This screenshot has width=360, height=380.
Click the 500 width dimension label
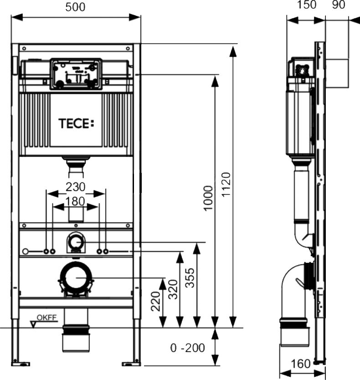pyautogui.click(x=75, y=7)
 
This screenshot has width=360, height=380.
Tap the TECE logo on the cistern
pyautogui.click(x=76, y=124)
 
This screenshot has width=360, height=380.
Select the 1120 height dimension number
pyautogui.click(x=226, y=185)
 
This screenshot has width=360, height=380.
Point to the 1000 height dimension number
pyautogui.click(x=208, y=198)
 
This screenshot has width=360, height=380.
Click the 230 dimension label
pyautogui.click(x=76, y=187)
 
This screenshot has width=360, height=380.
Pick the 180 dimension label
pyautogui.click(x=75, y=201)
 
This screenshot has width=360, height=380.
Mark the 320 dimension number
pyautogui.click(x=173, y=289)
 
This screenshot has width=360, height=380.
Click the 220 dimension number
pyautogui.click(x=156, y=301)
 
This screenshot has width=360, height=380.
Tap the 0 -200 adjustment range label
pyautogui.click(x=188, y=348)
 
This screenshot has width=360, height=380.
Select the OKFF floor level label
pyautogui.click(x=47, y=318)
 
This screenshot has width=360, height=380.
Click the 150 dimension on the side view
pyautogui.click(x=307, y=5)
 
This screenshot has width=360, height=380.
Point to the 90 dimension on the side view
pyautogui.click(x=339, y=5)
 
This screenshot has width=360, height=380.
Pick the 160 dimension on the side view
pyautogui.click(x=300, y=364)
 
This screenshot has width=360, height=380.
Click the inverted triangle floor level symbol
pyautogui.click(x=33, y=324)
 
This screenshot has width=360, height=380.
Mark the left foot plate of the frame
pyautogui.click(x=21, y=364)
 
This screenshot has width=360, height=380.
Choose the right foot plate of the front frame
pyautogui.click(x=131, y=364)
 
